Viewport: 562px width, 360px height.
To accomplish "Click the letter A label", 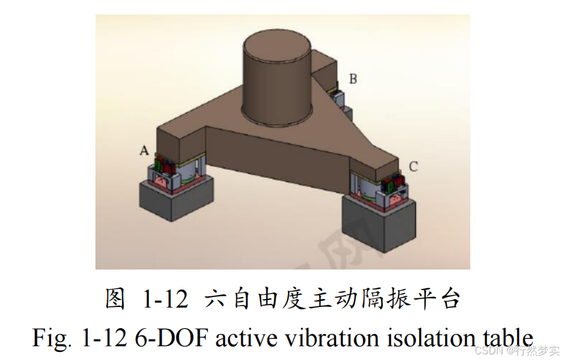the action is [144, 150].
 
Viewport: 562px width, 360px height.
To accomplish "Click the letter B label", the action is [352, 79].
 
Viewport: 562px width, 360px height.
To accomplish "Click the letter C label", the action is [414, 167].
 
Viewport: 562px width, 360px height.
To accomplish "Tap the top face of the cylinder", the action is [276, 47].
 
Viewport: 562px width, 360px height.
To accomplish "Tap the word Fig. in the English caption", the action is [49, 338].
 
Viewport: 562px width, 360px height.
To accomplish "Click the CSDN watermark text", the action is [490, 351].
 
